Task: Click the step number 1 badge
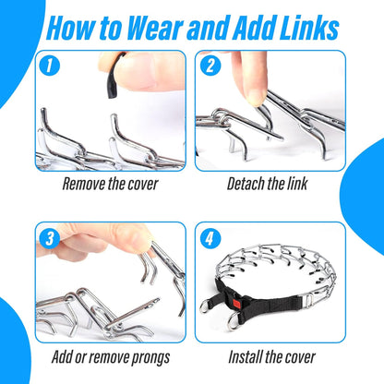pyautogui.click(x=49, y=66)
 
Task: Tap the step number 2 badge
pyautogui.click(x=210, y=66)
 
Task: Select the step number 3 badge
pyautogui.click(x=49, y=238)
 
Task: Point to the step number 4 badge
pyautogui.click(x=210, y=238)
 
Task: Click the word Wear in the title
pyautogui.click(x=155, y=29)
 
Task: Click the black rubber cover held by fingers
pyautogui.click(x=114, y=77)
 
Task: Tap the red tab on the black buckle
pyautogui.click(x=237, y=303)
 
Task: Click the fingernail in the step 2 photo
pyautogui.click(x=256, y=97)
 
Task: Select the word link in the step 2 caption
pyautogui.click(x=297, y=184)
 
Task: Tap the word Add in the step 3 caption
pyautogui.click(x=62, y=357)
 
